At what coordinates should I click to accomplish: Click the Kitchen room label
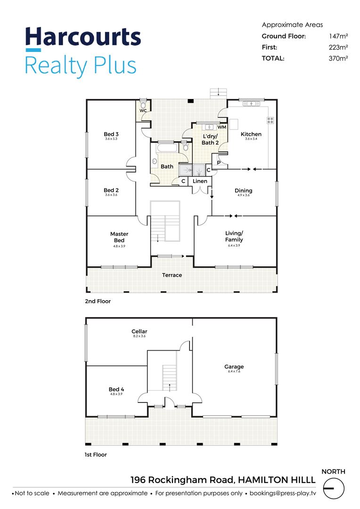[x=251, y=134]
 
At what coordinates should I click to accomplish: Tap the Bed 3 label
[x=111, y=134]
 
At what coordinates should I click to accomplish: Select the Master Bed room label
[x=119, y=237]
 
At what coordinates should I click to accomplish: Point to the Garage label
[x=234, y=367]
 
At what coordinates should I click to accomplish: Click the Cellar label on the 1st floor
[x=139, y=331]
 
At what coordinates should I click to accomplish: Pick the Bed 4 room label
[x=116, y=389]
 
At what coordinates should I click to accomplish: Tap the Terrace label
[x=172, y=275]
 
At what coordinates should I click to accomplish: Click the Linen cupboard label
[x=200, y=181]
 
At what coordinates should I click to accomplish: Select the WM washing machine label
[x=222, y=127]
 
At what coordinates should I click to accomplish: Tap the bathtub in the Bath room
[x=167, y=148]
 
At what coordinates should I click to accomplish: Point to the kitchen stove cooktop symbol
[x=270, y=120]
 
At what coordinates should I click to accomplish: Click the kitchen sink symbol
[x=251, y=104]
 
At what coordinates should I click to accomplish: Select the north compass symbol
[x=334, y=488]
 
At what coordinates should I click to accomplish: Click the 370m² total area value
[x=338, y=58]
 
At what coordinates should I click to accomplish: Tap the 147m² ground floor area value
[x=339, y=36]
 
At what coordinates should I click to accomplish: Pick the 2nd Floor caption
[x=98, y=301]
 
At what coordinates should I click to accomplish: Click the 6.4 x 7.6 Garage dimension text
[x=234, y=371]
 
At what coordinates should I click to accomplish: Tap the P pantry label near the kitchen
[x=219, y=163]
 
